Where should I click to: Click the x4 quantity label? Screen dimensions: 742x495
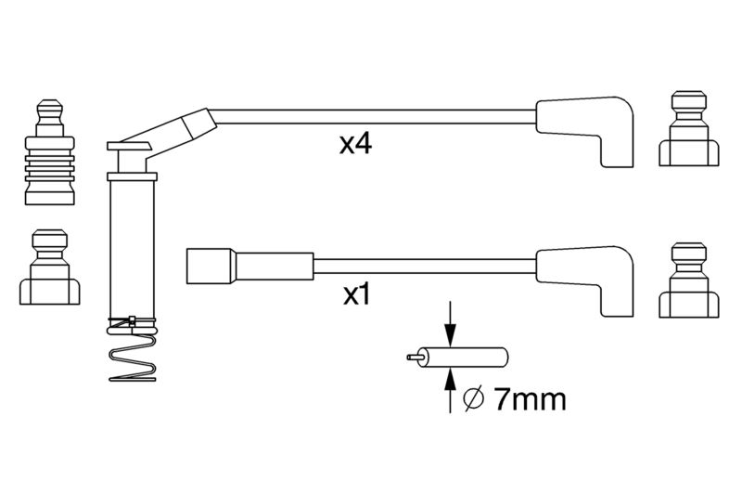[x=355, y=144]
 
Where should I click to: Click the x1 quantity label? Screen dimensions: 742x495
[x=357, y=295]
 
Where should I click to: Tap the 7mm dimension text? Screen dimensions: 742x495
[x=530, y=399]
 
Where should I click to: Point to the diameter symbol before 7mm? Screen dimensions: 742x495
[x=474, y=399]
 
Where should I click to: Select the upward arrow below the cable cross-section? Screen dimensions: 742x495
[x=450, y=390]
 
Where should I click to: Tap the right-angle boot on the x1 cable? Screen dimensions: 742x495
[x=585, y=280]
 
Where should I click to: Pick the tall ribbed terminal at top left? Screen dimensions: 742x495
[x=50, y=152]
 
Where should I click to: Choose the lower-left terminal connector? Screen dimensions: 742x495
[x=50, y=267]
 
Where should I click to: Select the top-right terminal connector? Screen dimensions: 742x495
[x=688, y=128]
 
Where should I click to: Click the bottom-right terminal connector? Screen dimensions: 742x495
[x=688, y=280]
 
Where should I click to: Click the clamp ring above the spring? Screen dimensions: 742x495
[x=132, y=322]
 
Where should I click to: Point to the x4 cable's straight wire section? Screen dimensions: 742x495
[x=373, y=117]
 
